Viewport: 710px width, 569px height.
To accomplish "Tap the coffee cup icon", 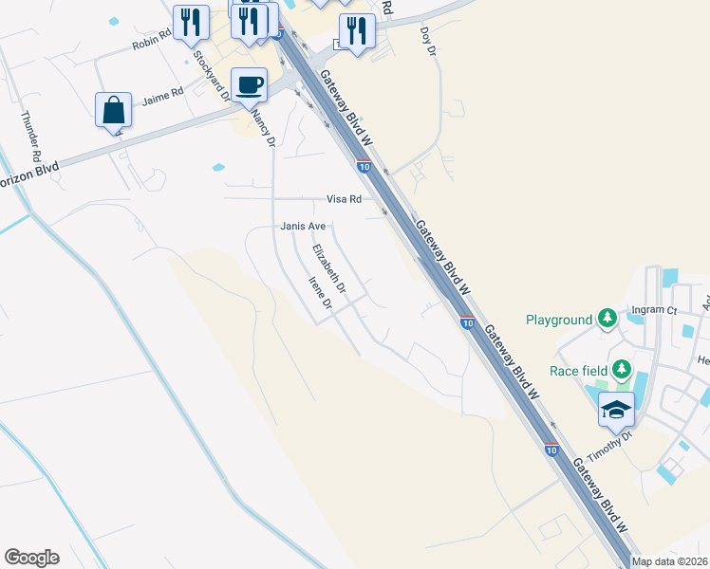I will click(x=249, y=84).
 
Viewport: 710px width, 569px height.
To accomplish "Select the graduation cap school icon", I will click(x=616, y=410).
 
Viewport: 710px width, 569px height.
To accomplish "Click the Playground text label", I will click(x=559, y=321).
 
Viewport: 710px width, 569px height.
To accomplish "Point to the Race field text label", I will click(x=576, y=371).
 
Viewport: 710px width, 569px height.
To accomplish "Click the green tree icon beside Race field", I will click(x=622, y=369).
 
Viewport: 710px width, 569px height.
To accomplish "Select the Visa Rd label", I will click(x=345, y=199).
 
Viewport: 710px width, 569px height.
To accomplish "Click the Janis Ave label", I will click(x=303, y=227).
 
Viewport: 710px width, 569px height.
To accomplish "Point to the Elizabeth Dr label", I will click(x=329, y=268).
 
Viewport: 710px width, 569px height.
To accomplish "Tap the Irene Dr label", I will click(x=319, y=294).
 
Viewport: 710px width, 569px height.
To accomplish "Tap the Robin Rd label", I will click(x=152, y=39).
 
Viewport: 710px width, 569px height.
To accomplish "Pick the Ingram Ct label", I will click(x=656, y=310).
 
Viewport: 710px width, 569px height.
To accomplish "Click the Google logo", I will click(x=31, y=558).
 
